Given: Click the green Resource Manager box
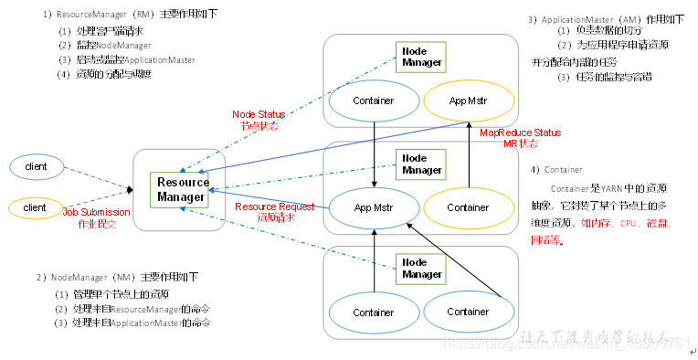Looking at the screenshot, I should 182,189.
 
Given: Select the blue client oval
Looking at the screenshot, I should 36,167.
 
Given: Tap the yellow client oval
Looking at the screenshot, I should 36,207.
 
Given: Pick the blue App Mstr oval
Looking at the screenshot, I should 375,207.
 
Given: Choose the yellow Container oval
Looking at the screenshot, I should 468,207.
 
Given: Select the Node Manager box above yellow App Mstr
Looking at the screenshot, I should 420,58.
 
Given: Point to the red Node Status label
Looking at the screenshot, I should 259,120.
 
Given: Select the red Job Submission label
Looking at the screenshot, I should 97,217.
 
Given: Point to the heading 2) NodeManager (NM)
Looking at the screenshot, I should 118,276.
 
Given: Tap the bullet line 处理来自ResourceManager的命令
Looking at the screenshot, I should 133,308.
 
